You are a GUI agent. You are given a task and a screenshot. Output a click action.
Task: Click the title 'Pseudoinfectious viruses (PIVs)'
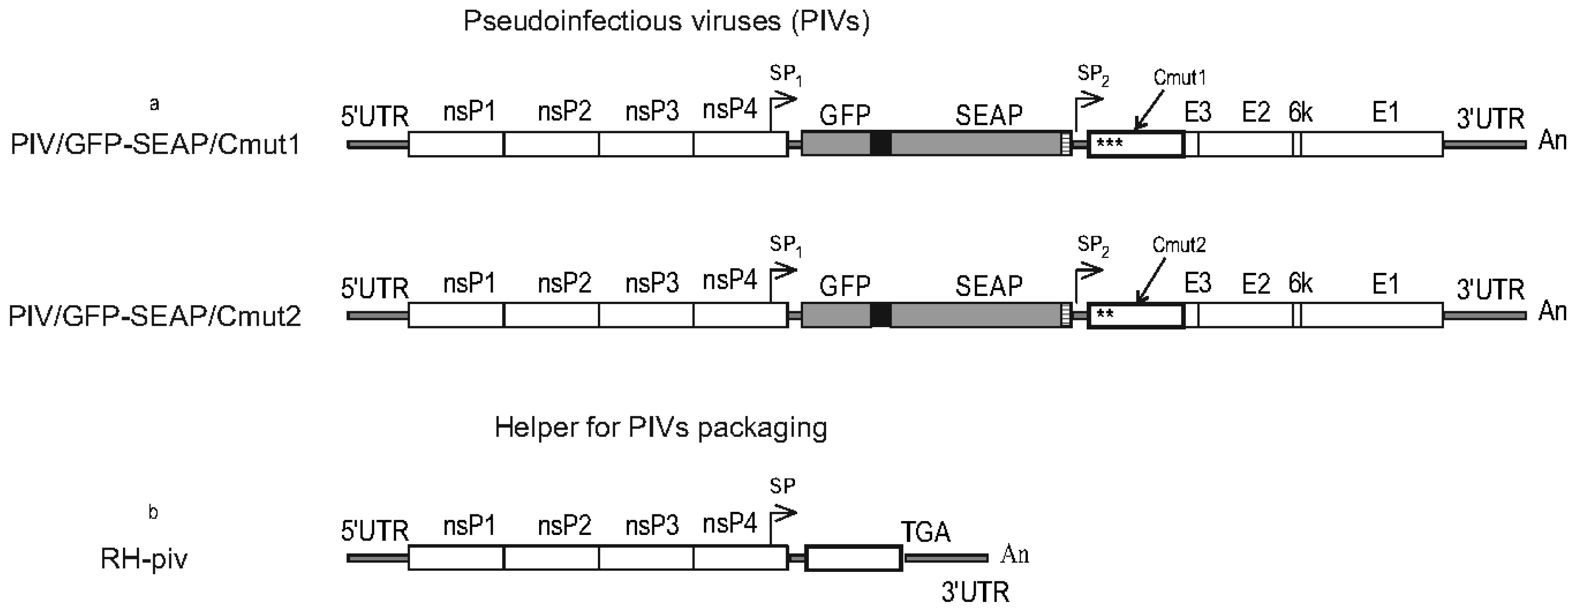[666, 22]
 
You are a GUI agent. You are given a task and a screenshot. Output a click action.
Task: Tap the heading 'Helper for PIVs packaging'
[661, 428]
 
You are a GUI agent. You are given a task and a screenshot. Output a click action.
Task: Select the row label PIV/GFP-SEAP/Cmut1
[155, 145]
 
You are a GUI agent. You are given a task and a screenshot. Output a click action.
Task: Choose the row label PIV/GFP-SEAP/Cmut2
[155, 317]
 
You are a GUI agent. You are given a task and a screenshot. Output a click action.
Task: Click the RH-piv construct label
[144, 559]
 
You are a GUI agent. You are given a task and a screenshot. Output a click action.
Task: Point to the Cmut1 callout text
[1179, 78]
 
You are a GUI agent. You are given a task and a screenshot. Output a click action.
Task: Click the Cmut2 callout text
[1179, 246]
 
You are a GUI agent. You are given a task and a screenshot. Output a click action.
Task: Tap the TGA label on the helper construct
[926, 532]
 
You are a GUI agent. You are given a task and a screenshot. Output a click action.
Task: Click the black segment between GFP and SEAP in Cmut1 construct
[881, 144]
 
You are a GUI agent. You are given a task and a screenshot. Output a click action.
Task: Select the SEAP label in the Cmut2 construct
[989, 286]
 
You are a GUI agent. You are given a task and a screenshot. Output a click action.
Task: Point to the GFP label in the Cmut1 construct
[844, 115]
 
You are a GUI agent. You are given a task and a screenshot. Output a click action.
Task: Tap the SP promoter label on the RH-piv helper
[782, 486]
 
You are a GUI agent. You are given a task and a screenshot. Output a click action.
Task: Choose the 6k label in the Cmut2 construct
[1300, 284]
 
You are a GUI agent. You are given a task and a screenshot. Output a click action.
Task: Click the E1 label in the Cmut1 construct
[1385, 113]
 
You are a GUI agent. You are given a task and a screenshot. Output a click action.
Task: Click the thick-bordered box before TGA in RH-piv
[853, 558]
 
